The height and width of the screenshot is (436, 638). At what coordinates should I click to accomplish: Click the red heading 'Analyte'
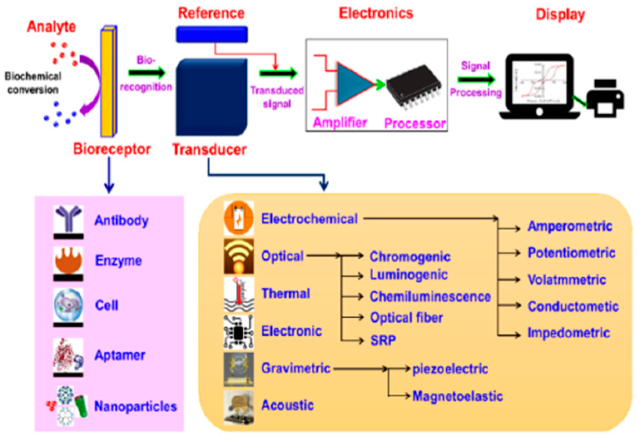point(51,27)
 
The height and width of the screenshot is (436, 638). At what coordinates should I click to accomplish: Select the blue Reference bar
point(211,34)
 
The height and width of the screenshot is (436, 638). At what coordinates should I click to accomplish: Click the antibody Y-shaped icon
point(68,219)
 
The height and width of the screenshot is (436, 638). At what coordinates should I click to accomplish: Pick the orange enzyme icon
point(68,260)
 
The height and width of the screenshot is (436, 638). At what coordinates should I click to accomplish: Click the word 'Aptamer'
point(120,355)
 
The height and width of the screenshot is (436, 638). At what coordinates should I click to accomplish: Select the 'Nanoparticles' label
point(135,406)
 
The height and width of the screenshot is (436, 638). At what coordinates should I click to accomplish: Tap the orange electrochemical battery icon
point(238,218)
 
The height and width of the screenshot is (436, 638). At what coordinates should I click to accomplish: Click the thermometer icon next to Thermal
point(239,293)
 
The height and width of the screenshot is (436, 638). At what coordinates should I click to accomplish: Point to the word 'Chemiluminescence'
point(430,297)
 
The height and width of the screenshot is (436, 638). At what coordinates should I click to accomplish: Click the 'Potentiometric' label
point(571,253)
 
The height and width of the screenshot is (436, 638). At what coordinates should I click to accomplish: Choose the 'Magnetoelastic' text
point(457,396)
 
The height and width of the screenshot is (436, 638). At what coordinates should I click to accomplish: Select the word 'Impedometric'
point(568,333)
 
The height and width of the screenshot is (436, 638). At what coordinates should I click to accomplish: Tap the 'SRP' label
point(383,340)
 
